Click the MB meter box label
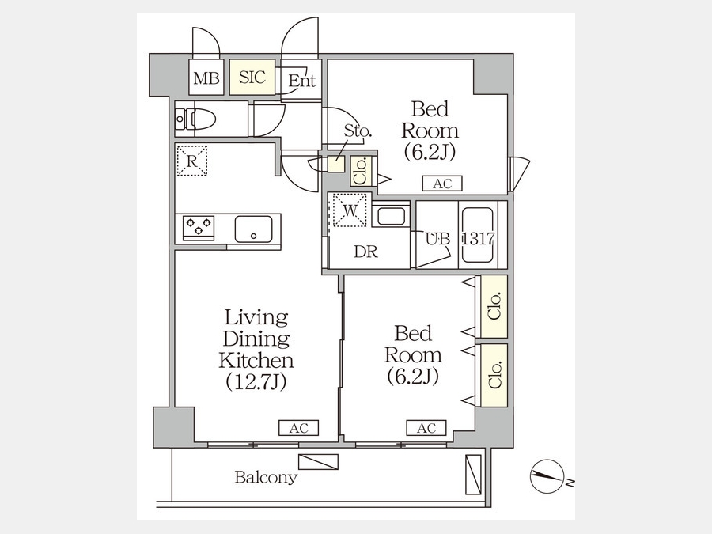(206, 78)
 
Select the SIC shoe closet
(252, 77)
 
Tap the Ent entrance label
(301, 81)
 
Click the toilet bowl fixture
(195, 119)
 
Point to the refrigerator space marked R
(192, 161)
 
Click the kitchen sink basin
(253, 229)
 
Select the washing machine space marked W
(350, 210)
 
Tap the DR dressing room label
(365, 252)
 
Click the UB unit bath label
(437, 238)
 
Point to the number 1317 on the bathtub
(478, 238)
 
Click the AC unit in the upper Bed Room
(442, 184)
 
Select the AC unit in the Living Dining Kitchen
(298, 428)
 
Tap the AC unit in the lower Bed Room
(426, 428)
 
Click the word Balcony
(266, 477)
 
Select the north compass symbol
(547, 477)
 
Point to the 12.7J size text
(256, 382)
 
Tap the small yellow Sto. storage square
(336, 164)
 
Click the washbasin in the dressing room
(391, 214)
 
